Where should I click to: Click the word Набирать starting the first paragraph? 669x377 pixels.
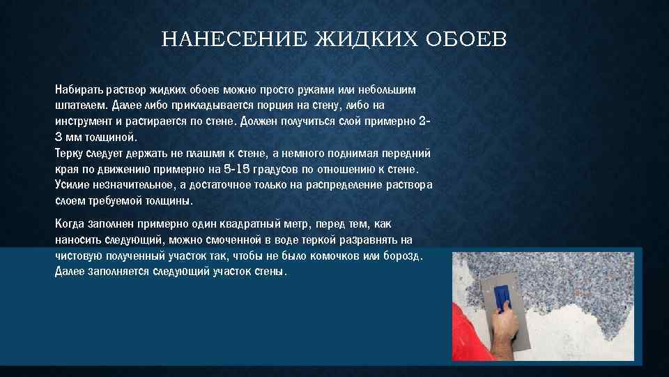pos(79,91)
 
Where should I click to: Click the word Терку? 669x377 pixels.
pos(69,154)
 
